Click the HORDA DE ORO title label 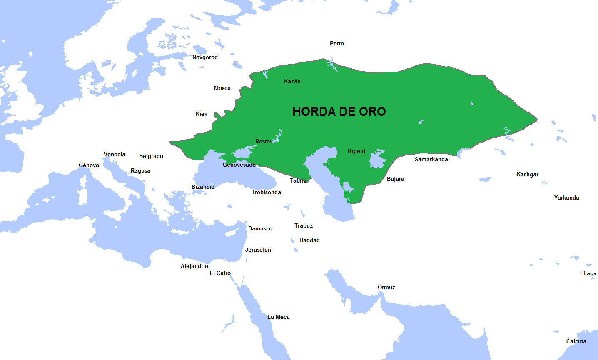tap(339, 112)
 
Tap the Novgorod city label tap(205, 57)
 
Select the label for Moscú tap(222, 88)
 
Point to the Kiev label tap(202, 114)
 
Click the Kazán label tap(292, 82)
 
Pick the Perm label tap(337, 44)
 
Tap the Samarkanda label tap(431, 160)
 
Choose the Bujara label tap(396, 179)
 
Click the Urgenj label tap(356, 151)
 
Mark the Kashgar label tap(528, 175)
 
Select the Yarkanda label tap(566, 198)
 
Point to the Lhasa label tap(588, 274)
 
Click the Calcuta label tap(576, 342)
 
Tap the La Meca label tap(279, 317)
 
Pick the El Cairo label tap(220, 273)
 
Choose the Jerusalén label tap(258, 250)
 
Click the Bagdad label tap(310, 240)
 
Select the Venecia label tap(115, 155)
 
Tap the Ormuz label tap(386, 287)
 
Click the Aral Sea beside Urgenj tap(377, 160)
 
